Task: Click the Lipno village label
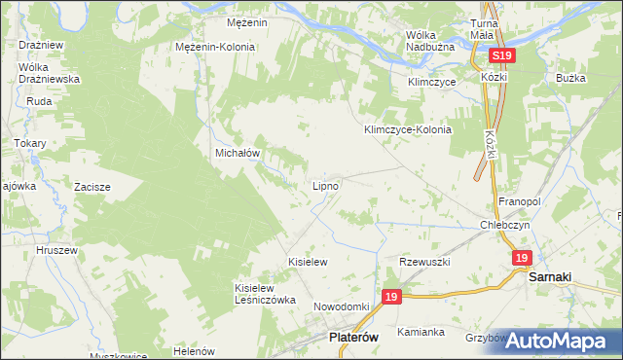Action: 325,185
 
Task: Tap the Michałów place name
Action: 236,154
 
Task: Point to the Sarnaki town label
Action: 555,276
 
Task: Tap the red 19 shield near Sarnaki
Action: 523,257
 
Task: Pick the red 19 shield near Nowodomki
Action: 391,297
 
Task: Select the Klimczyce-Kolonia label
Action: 408,129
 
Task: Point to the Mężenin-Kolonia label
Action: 215,47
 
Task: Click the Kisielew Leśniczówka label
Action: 264,294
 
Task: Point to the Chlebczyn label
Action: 504,224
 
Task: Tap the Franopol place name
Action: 519,200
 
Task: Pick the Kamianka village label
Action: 421,332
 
